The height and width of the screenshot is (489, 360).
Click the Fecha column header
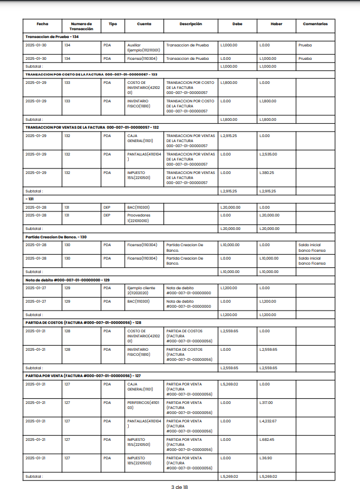tap(43, 24)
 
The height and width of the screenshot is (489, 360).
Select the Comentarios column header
tap(315, 24)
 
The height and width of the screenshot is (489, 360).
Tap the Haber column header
tap(276, 24)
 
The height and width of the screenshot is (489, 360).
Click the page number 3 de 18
tap(180, 487)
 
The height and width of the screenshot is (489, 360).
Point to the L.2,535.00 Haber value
tap(268, 154)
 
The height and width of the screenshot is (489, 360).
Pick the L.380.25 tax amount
tap(267, 172)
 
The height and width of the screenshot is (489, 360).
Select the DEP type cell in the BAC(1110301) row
tap(107, 207)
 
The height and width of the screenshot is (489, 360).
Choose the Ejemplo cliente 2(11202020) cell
tap(142, 290)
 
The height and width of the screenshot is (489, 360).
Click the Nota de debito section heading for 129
tap(67, 280)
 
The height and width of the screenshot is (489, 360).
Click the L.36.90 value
tap(265, 458)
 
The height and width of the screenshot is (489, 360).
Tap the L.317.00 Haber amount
tap(266, 402)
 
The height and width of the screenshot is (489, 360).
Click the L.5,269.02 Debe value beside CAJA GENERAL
tap(230, 384)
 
